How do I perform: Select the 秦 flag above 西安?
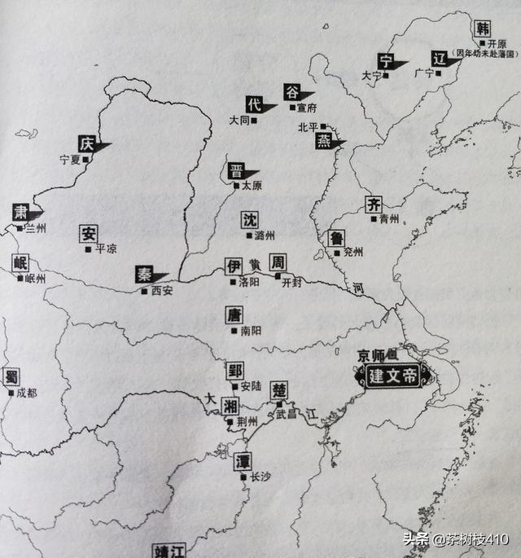tap(145, 275)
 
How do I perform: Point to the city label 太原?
tap(252, 186)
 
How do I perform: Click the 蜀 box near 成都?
tap(11, 376)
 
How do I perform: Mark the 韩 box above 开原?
tap(483, 28)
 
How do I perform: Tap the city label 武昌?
tap(287, 415)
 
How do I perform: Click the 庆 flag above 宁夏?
tap(87, 143)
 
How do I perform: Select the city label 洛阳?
tap(249, 282)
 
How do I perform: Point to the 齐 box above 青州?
tap(374, 204)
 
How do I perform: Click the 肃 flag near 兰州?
tap(20, 212)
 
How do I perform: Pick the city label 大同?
tap(239, 120)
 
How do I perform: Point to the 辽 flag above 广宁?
tap(440, 58)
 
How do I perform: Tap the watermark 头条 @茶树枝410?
tap(457, 540)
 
